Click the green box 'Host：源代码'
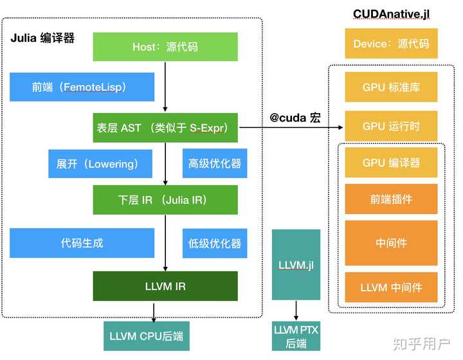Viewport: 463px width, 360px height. (165, 47)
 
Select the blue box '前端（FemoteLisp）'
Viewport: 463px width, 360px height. (82, 87)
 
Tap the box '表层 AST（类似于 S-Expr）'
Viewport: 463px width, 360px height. (165, 127)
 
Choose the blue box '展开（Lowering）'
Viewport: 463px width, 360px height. (100, 164)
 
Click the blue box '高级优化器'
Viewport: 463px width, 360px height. (215, 164)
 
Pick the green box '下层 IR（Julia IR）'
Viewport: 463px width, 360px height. (165, 200)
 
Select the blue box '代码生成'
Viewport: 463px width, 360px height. (82, 243)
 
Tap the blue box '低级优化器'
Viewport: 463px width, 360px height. (215, 243)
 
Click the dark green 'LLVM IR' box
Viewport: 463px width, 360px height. (165, 286)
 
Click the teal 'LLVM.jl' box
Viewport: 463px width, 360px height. (296, 264)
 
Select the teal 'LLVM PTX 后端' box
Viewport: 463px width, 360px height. (296, 336)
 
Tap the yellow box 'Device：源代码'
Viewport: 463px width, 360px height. (391, 44)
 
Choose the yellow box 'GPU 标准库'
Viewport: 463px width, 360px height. (391, 87)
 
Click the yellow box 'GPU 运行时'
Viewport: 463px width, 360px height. (391, 126)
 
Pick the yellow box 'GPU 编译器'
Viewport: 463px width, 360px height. (391, 163)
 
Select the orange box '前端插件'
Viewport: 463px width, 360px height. (391, 199)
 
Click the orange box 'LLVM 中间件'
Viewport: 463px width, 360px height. (391, 287)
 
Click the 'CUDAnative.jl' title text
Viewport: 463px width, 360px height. (391, 14)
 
